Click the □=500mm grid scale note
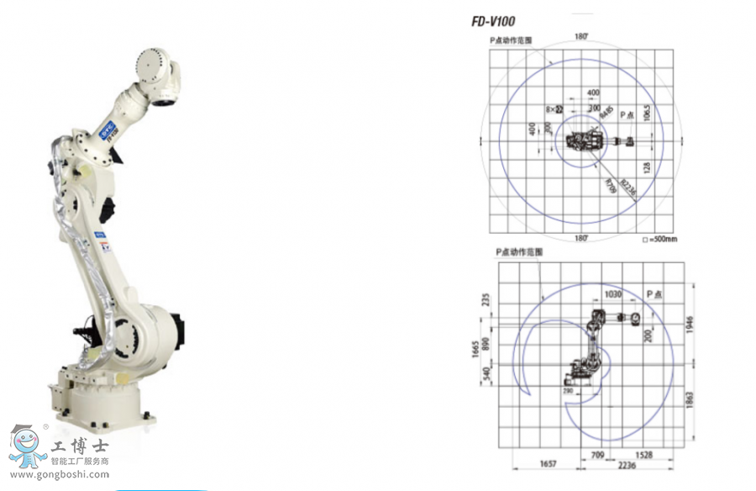pyautogui.click(x=659, y=239)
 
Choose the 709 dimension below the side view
pyautogui.click(x=596, y=454)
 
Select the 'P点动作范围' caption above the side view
pyautogui.click(x=520, y=251)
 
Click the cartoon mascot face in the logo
pyautogui.click(x=27, y=443)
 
